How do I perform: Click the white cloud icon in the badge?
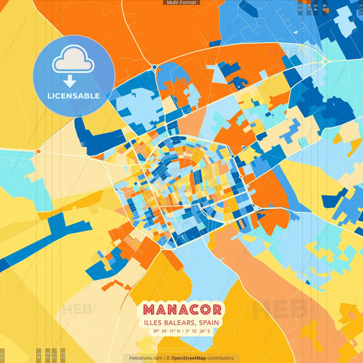(74, 61)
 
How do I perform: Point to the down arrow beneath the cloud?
(74, 80)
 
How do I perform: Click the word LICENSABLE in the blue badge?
(74, 95)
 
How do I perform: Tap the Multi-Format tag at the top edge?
(181, 3)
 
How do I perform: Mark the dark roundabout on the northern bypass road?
(155, 66)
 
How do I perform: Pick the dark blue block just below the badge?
(89, 133)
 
